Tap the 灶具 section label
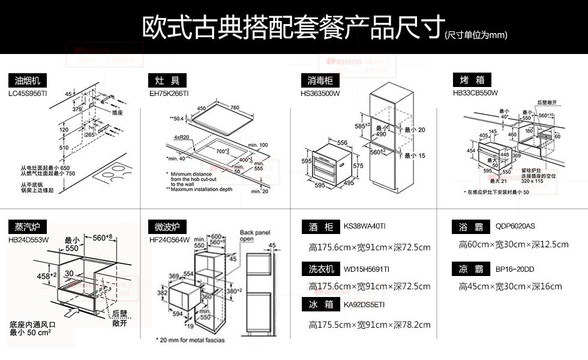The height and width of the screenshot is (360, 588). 167,81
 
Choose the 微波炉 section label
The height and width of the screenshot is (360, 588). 167,227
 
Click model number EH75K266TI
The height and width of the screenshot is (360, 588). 169,94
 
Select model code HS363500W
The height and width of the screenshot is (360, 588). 320,94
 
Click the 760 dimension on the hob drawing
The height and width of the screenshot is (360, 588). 234,108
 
